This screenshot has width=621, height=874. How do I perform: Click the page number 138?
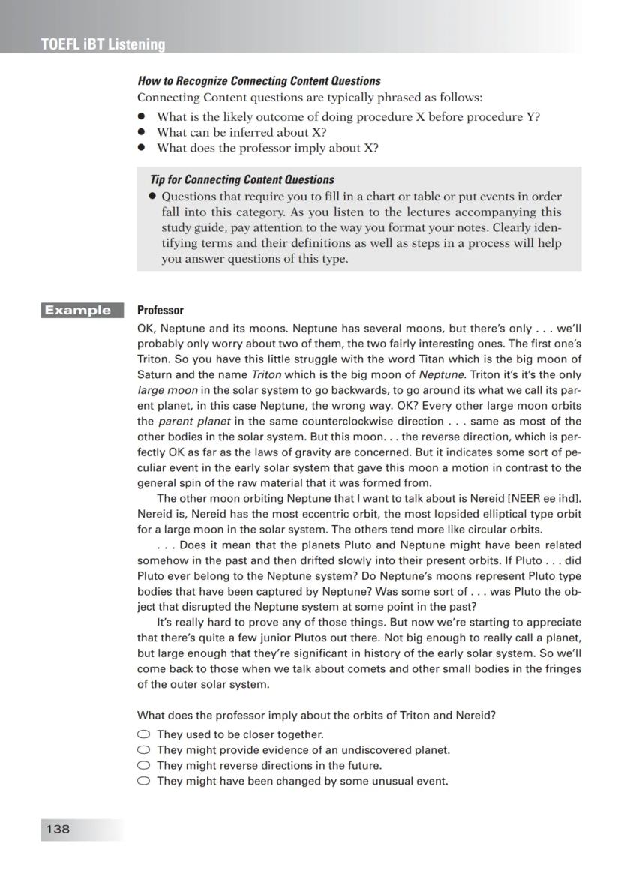coord(58,829)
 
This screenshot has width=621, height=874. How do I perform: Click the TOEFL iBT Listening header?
coord(103,44)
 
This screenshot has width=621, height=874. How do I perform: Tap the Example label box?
coord(82,310)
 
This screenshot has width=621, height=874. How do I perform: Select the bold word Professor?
coord(160,310)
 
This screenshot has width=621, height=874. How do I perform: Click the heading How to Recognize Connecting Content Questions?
coord(259,81)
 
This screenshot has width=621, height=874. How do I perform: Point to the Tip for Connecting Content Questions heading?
coord(241,179)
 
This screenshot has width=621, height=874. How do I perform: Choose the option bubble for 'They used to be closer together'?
coord(143,734)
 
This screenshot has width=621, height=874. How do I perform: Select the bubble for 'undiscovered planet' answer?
coord(143,750)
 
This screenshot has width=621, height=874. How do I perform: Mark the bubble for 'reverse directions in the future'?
coord(143,766)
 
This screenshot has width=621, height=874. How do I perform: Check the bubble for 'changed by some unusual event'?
coord(143,782)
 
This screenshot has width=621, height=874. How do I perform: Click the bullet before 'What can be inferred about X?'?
coord(141,133)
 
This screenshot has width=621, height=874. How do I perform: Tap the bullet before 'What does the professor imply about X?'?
coord(141,149)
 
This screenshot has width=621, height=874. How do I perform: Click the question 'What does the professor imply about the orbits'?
coord(316,716)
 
